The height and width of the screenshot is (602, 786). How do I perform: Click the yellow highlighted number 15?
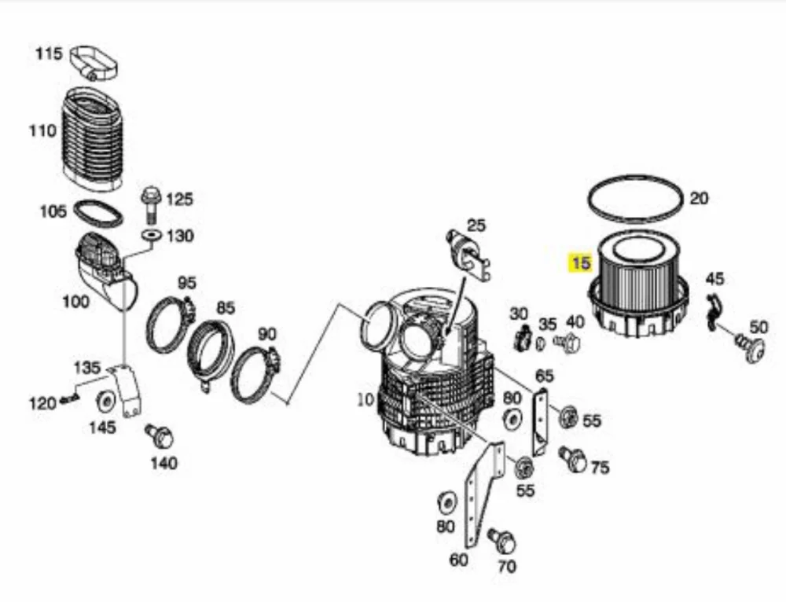[580, 262]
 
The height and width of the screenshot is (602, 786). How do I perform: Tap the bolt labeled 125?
[150, 205]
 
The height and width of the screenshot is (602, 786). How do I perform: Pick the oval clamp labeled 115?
[94, 63]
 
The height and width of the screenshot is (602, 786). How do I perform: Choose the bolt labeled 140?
[160, 438]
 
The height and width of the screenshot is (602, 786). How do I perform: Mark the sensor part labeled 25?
[467, 255]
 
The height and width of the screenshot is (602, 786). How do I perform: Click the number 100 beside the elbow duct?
[75, 302]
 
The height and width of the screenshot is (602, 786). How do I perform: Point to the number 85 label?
[226, 307]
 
